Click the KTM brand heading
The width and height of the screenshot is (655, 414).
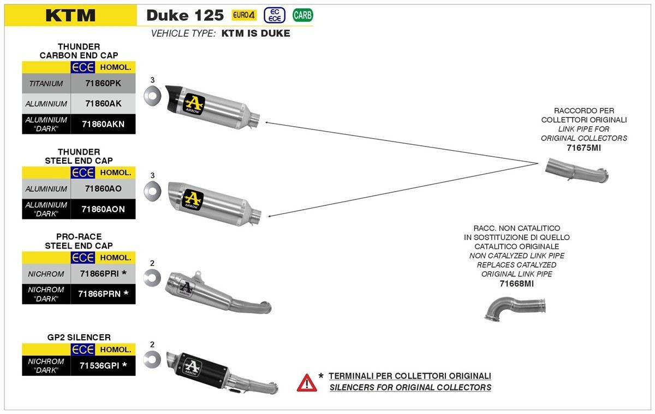point(70,15)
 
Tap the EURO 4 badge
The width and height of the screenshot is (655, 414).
point(244,15)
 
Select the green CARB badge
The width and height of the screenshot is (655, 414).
point(303,15)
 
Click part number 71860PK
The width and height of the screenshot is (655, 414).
point(103,84)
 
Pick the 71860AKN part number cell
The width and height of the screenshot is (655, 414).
point(103,124)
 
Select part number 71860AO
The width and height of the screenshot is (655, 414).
point(103,188)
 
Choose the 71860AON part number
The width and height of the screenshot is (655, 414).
point(103,209)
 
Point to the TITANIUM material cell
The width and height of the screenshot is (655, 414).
point(46,84)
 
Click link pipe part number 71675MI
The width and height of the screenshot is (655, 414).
point(583,147)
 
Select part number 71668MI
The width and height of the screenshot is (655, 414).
point(516,283)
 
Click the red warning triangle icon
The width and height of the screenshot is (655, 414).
point(307,382)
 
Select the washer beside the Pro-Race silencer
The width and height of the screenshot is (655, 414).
point(151,278)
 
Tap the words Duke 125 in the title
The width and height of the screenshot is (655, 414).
point(185,15)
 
